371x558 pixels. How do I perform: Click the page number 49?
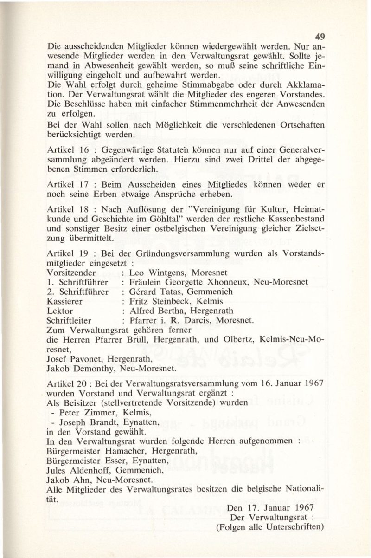[319, 37]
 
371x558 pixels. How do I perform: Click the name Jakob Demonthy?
[79, 370]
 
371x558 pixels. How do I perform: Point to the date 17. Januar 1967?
[271, 508]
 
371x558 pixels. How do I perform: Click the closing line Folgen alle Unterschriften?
[269, 527]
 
